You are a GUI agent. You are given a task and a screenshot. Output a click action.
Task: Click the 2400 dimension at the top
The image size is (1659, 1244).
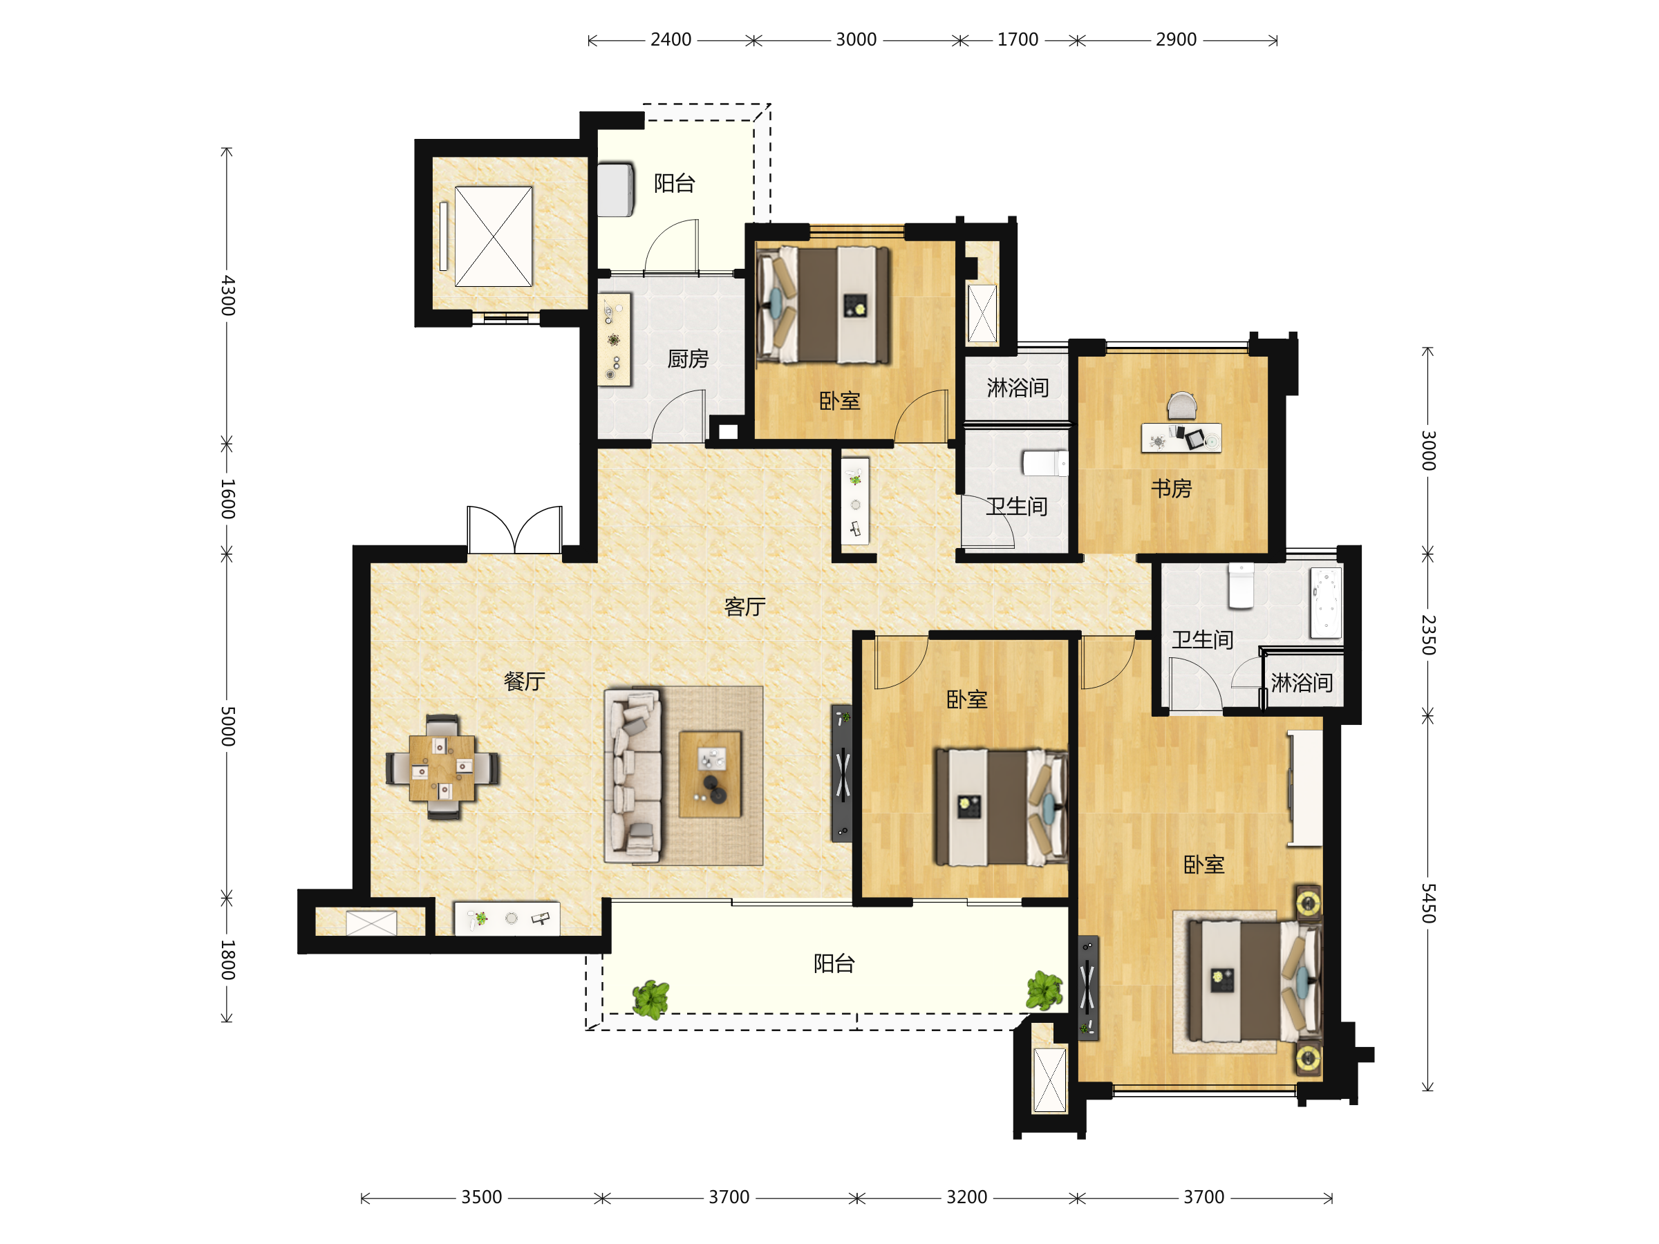(x=671, y=40)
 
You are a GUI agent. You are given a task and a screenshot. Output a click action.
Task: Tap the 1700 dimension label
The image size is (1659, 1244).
(x=1017, y=40)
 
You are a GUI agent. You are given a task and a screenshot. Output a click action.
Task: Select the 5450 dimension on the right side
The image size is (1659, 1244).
(x=1429, y=903)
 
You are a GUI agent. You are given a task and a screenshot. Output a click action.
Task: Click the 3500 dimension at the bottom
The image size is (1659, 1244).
(x=482, y=1197)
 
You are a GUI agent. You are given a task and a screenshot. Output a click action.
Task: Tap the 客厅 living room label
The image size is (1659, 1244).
(x=744, y=606)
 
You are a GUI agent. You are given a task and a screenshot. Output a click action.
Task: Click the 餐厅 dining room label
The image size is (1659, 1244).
(x=524, y=681)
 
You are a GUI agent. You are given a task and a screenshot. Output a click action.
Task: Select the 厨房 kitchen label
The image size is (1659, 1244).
(x=688, y=359)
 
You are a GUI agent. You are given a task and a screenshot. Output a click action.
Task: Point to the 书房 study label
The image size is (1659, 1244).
(x=1171, y=488)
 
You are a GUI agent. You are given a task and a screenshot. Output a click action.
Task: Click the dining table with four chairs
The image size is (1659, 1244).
(x=442, y=767)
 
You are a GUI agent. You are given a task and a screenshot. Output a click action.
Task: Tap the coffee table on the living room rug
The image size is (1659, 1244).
(x=709, y=775)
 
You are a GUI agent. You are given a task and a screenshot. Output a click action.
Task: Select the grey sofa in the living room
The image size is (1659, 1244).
(x=632, y=775)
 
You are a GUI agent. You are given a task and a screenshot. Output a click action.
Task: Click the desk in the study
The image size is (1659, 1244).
(x=1181, y=438)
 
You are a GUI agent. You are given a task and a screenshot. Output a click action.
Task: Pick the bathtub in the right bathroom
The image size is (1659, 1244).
(x=1326, y=603)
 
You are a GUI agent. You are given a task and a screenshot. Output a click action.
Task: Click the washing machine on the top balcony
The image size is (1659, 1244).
(x=616, y=190)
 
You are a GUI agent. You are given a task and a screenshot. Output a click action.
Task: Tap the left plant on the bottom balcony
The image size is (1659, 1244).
(x=650, y=999)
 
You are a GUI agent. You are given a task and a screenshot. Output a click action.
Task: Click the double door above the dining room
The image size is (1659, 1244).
(x=514, y=529)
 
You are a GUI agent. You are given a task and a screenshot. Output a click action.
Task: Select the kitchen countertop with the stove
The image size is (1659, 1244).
(x=614, y=340)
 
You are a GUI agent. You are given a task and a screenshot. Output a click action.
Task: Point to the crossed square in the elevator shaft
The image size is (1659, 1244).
(x=494, y=236)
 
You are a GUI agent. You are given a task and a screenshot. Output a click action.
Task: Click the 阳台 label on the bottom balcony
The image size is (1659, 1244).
(x=834, y=963)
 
